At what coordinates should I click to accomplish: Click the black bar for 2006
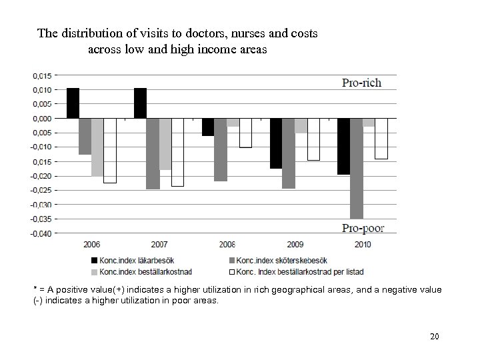73,103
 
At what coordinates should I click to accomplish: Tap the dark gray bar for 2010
357,168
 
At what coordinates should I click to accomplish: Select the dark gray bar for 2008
221,149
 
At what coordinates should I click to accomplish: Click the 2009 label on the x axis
295,245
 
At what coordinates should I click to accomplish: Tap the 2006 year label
92,245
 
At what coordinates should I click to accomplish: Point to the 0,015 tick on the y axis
41,75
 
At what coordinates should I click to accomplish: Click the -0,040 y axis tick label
40,233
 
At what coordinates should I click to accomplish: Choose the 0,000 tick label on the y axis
41,118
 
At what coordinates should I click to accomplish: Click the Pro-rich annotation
361,83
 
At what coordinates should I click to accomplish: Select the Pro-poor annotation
363,228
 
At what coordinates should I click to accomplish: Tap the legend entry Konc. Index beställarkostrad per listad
301,271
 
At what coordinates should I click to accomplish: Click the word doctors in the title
183,33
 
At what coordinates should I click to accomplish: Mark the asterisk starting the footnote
35,289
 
